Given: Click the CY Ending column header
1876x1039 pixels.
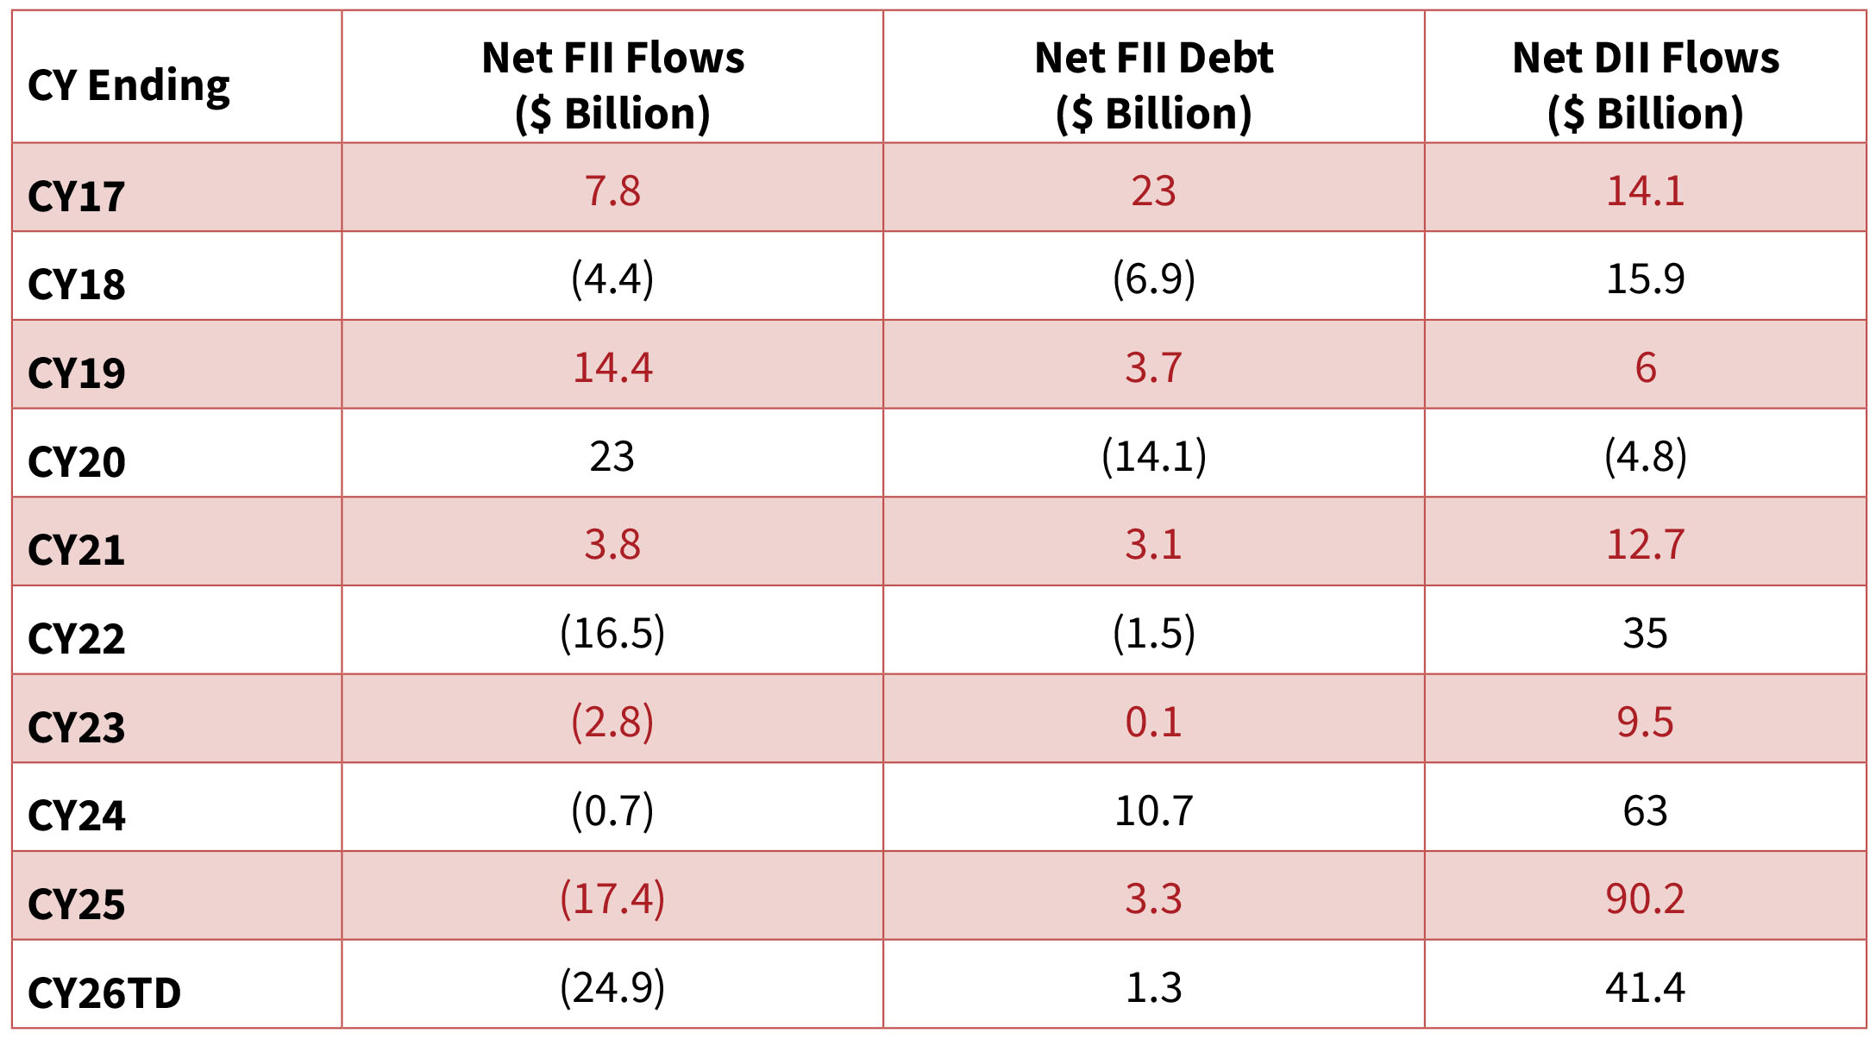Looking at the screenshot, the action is pos(129,85).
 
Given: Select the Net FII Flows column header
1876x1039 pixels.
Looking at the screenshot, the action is pos(612,85).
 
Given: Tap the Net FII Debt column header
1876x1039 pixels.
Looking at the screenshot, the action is pos(1153,85).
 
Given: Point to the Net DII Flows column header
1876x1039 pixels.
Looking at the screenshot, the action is pos(1645,85).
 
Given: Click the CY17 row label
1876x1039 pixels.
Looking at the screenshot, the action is pos(76,197).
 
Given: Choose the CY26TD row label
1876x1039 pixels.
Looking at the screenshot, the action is pos(104,992).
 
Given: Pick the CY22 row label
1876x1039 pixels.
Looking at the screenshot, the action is pos(76,639).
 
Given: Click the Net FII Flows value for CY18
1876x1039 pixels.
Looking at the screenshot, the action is pos(612,279).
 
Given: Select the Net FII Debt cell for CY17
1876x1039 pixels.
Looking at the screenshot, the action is pos(1153,191).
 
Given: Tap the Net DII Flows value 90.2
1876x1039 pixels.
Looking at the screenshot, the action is pos(1645,898).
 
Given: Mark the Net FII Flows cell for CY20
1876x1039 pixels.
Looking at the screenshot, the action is pos(612,456).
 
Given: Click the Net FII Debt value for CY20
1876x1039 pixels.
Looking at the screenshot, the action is pos(1153,456).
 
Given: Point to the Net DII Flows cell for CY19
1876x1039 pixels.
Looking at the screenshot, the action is pos(1645,367).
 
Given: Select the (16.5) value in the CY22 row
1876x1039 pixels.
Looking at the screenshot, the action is pos(612,633).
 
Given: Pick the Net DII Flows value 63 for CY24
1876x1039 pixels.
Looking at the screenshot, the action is pos(1645,811).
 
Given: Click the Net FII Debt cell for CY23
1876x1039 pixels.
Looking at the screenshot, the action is pos(1153,722).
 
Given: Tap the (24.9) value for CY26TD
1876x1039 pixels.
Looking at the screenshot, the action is pos(612,987).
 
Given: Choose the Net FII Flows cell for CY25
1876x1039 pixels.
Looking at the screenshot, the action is pos(612,898).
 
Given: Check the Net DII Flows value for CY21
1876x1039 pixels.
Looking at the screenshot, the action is pos(1645,544).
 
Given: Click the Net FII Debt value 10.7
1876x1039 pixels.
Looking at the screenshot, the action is pos(1153,811).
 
